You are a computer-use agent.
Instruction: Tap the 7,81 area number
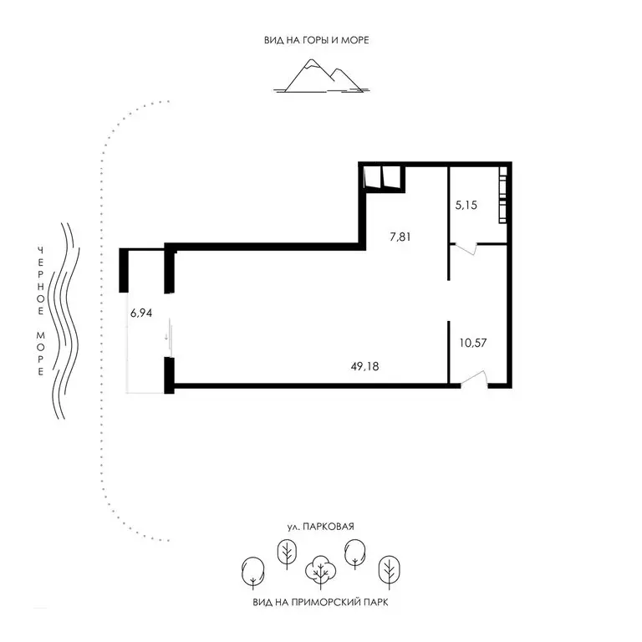tap(402, 237)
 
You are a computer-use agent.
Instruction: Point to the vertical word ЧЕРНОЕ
tap(39, 280)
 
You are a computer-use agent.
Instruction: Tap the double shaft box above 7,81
tap(383, 178)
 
